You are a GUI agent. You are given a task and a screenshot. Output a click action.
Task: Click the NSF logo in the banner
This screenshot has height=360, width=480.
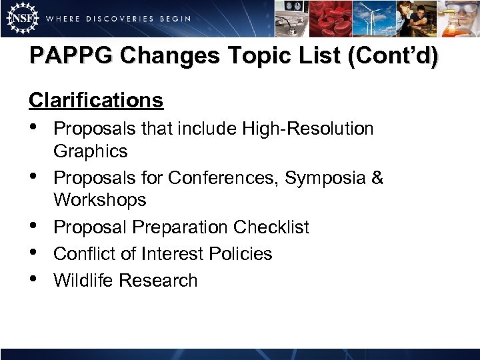pos(20,18)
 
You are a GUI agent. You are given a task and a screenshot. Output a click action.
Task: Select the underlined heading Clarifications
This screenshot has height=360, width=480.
pos(96,101)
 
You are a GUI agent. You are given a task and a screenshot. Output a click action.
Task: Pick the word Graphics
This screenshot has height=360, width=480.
pos(90,151)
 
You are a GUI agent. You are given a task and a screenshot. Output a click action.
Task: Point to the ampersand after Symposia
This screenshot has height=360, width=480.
pos(377,178)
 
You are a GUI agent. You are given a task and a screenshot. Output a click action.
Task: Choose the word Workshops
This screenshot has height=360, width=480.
pos(100,200)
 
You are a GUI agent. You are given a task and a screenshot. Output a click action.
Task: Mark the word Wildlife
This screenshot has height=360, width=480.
pos(83,281)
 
